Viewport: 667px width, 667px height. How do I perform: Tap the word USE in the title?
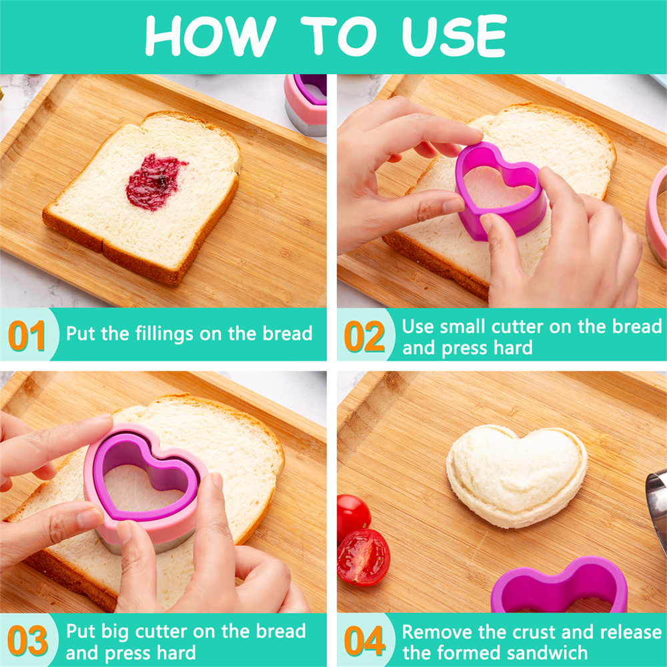454,36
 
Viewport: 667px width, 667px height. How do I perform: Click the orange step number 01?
27,336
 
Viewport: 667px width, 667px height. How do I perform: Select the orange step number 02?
364,336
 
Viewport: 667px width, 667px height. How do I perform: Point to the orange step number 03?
27,640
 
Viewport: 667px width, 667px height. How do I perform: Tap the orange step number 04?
365,640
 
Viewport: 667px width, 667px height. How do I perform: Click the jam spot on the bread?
155,182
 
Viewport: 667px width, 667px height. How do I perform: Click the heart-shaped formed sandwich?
516,476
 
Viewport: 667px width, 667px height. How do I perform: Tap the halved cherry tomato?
364,558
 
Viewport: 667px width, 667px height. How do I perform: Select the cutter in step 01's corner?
306,104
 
